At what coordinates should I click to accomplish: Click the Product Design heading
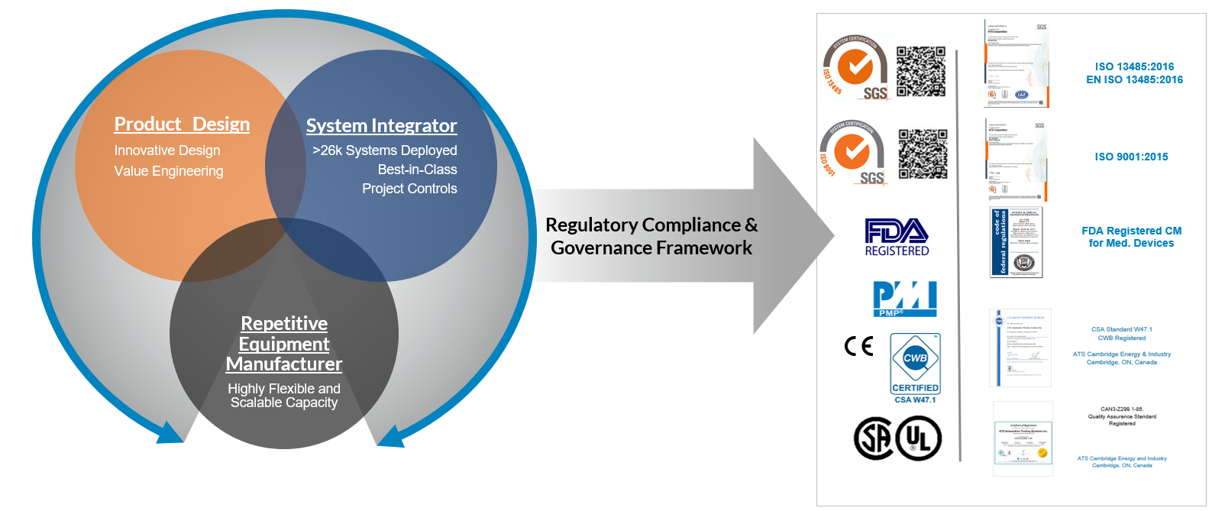(x=182, y=125)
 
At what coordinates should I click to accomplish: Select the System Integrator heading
(x=381, y=126)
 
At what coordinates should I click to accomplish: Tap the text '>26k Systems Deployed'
(x=385, y=150)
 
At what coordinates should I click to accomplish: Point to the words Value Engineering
(x=169, y=171)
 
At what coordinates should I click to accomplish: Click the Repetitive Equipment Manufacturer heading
(x=284, y=344)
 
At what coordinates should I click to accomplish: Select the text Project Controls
(x=409, y=189)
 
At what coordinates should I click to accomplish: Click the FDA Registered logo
(x=897, y=237)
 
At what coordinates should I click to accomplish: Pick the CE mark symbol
(x=858, y=346)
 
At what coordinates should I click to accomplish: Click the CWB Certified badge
(x=915, y=364)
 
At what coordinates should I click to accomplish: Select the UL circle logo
(x=919, y=438)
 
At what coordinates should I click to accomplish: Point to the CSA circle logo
(x=874, y=438)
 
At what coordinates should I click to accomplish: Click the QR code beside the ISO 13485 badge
(x=921, y=71)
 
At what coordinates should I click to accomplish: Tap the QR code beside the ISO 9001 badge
(x=923, y=154)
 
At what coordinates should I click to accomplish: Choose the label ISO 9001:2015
(x=1131, y=157)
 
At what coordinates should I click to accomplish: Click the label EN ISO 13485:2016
(x=1134, y=79)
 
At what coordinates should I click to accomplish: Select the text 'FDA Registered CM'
(x=1131, y=231)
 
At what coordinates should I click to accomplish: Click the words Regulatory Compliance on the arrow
(x=643, y=225)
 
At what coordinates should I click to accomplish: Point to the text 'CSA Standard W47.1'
(x=1121, y=329)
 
